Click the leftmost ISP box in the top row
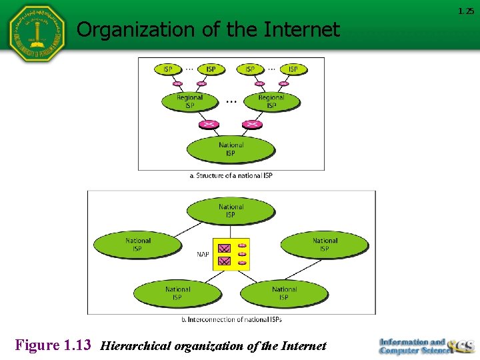[167, 69]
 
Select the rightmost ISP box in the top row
[293, 69]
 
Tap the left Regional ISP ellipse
[189, 101]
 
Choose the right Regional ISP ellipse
[271, 101]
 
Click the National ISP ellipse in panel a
[231, 149]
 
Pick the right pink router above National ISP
[252, 124]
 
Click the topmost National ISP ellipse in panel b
[231, 211]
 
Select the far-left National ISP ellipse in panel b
[138, 245]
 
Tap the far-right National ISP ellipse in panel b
[325, 245]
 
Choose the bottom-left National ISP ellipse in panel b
[177, 293]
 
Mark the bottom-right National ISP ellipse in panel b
[284, 293]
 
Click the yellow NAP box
[231, 254]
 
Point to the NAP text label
[203, 254]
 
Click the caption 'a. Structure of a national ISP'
[231, 175]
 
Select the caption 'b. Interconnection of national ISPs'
[231, 319]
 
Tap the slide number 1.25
[465, 11]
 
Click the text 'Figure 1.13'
[53, 345]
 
